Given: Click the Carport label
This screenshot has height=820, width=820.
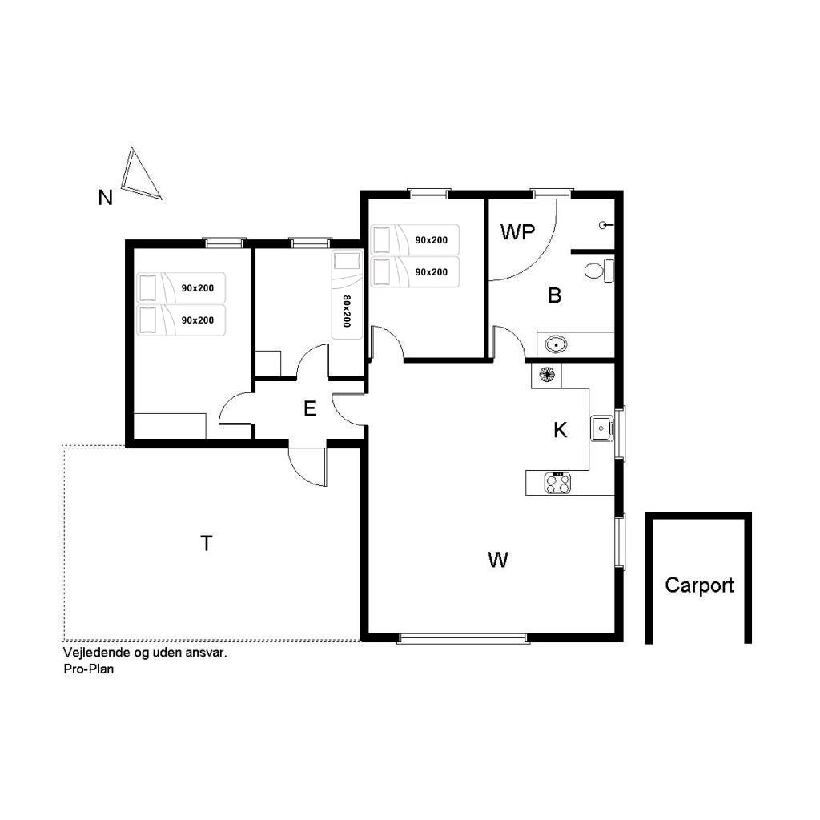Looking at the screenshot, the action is point(699,585).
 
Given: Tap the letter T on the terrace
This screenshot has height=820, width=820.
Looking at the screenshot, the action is point(207,544).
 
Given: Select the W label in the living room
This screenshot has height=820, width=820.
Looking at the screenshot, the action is point(497,560).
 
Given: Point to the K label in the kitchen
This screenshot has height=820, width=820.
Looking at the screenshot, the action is point(560,430).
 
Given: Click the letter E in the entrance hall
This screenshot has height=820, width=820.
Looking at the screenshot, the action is point(310,408).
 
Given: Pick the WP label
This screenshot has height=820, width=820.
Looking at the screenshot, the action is point(517,232).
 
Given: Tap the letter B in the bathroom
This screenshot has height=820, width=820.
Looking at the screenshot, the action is point(554,295).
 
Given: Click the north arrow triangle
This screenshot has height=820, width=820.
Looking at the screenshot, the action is point(140,174).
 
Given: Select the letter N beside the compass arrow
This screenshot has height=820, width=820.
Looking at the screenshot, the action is point(105,198).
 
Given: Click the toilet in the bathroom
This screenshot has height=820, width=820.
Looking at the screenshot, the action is point(599,271).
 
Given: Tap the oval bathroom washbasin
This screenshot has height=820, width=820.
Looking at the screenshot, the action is point(556,344).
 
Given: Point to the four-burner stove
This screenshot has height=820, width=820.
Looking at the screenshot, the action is point(557,483).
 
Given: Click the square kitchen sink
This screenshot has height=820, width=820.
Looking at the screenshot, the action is point(601,429).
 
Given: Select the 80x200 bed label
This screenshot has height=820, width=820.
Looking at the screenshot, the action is point(347,312).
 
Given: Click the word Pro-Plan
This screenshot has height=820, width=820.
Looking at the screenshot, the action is point(88,669).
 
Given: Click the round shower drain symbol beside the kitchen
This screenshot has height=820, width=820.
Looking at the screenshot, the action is point(546,375).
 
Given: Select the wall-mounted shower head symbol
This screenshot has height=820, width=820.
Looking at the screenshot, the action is point(605,225).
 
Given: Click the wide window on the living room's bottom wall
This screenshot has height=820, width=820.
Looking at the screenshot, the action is point(462,638).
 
